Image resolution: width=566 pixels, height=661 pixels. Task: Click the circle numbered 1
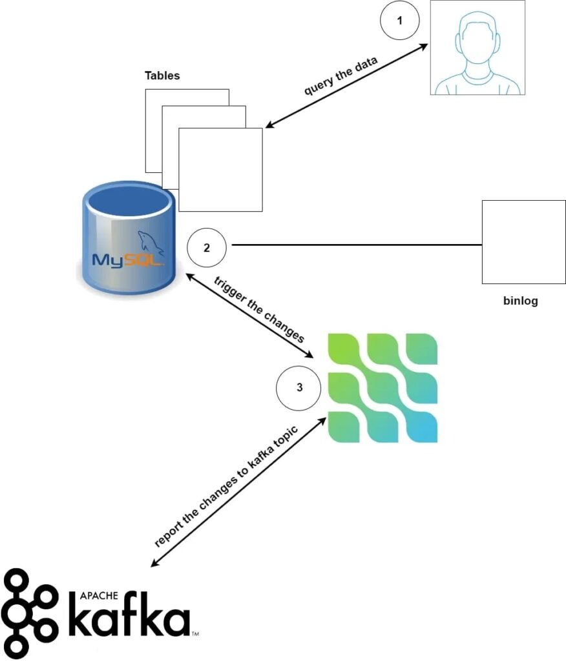[x=399, y=21]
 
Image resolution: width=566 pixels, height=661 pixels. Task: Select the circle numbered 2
[x=206, y=247]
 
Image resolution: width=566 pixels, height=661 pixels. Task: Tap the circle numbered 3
[x=298, y=388]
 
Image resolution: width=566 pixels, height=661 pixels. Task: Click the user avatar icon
[x=477, y=48]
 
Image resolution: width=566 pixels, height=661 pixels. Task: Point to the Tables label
[x=162, y=76]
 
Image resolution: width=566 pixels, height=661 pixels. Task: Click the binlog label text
[x=520, y=301]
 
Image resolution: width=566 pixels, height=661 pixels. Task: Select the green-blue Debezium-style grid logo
[x=383, y=387]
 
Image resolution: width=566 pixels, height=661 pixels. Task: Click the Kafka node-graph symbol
[x=29, y=613]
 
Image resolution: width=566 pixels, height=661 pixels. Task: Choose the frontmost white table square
[x=220, y=170]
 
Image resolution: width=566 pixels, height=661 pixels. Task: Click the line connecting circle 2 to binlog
[x=355, y=245]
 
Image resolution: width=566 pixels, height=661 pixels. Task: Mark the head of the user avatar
[x=477, y=39]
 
